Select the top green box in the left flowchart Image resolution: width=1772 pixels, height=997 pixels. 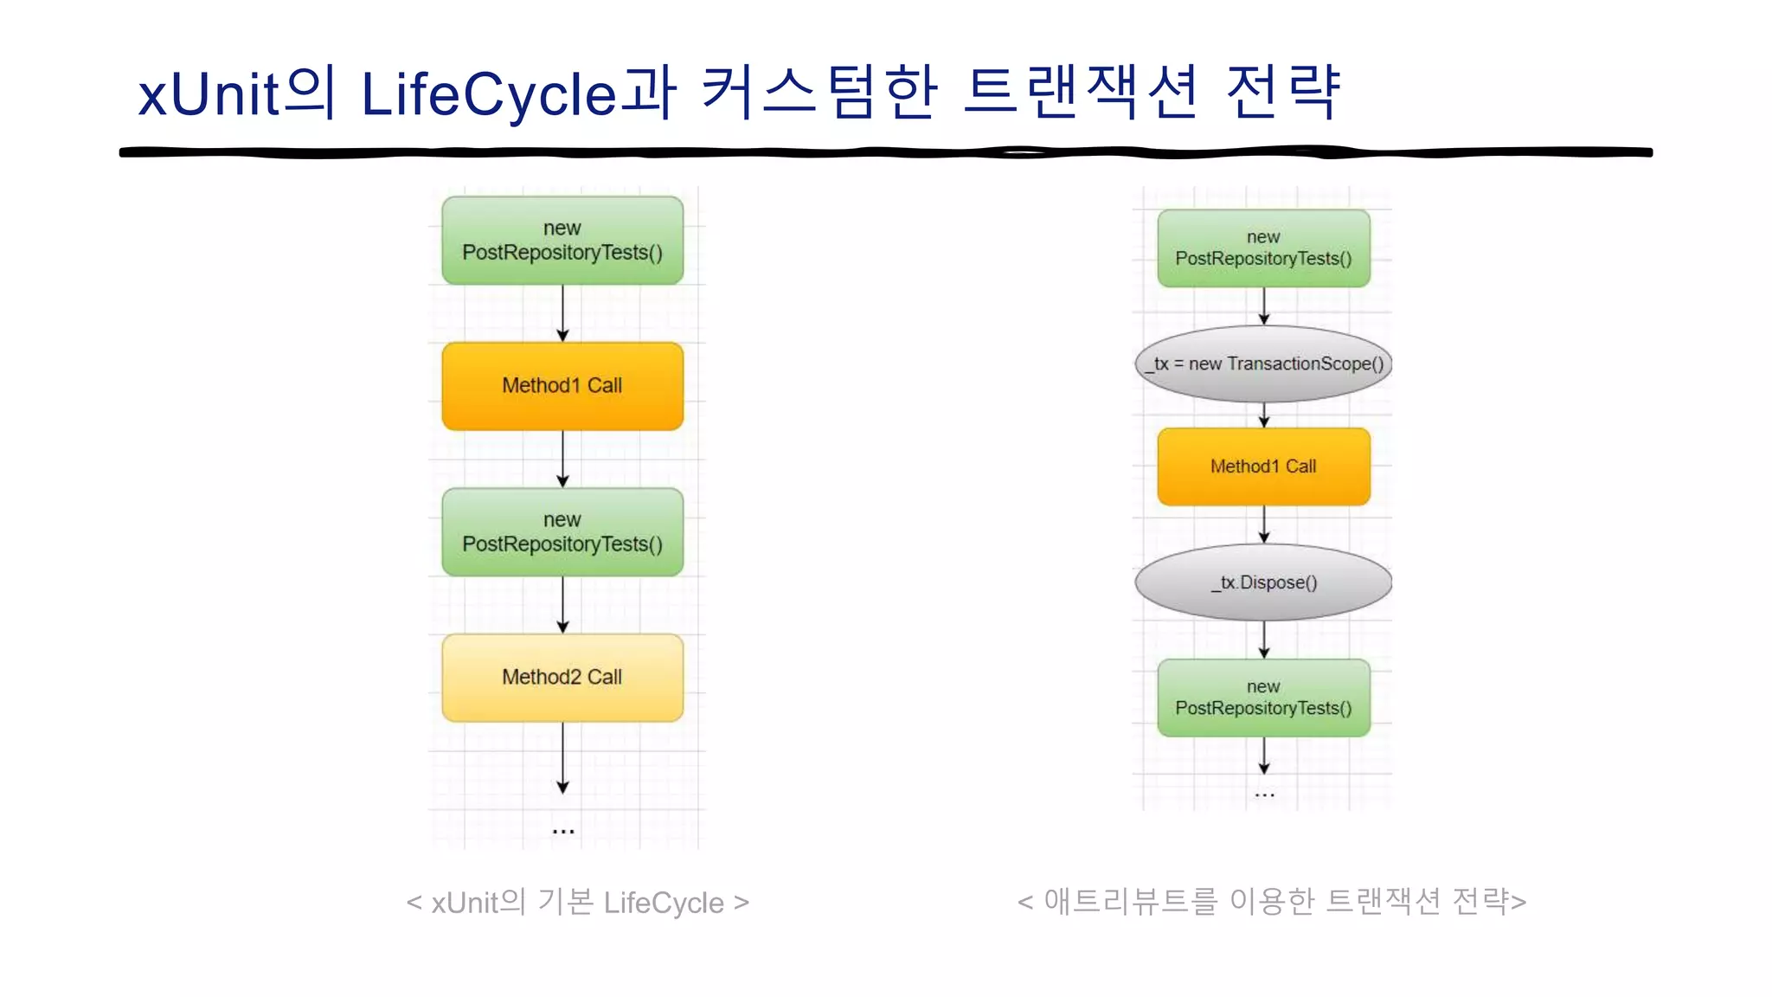[x=562, y=241]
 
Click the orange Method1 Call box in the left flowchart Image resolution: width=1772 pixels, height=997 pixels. [x=562, y=386]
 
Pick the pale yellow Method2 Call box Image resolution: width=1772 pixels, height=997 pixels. [x=562, y=678]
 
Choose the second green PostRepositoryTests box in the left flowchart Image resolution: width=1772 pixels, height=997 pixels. [x=562, y=532]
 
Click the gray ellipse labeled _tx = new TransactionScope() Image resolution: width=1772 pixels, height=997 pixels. [x=1263, y=364]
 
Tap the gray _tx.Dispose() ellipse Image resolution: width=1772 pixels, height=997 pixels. [x=1263, y=582]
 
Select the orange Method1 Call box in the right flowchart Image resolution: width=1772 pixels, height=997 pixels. [x=1263, y=466]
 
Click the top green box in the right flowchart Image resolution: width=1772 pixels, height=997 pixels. [x=1263, y=248]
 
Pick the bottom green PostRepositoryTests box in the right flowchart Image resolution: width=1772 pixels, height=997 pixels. [x=1263, y=698]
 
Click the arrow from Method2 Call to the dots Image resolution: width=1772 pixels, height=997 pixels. [x=563, y=757]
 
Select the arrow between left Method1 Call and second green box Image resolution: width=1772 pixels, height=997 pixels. [x=563, y=459]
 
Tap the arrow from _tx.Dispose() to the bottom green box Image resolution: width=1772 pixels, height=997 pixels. [x=1264, y=640]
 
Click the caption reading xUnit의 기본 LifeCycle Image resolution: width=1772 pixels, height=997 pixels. [x=577, y=903]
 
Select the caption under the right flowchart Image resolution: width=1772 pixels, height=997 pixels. [x=1271, y=901]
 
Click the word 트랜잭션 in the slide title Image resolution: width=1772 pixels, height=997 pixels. [x=1081, y=92]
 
